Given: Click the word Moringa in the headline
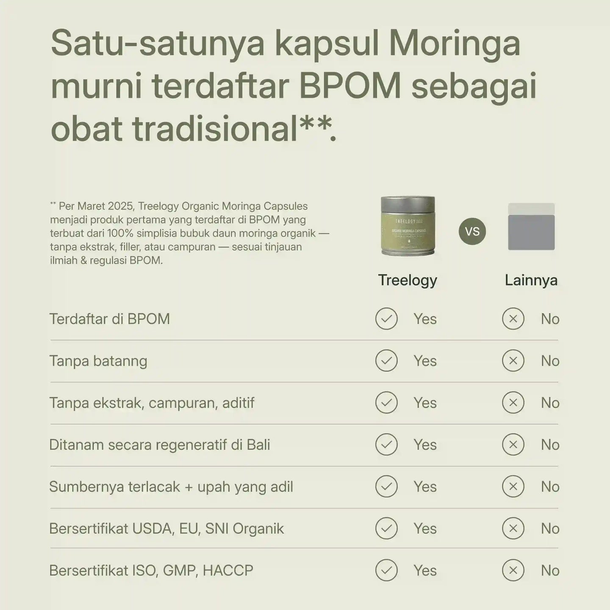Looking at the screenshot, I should (x=454, y=44).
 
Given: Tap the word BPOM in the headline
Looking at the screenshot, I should (x=350, y=86).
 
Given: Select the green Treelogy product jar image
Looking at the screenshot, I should (x=408, y=226).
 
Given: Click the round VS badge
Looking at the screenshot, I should (x=472, y=231).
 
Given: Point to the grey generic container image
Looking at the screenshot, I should (x=531, y=227).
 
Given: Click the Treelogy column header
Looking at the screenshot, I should (x=408, y=280).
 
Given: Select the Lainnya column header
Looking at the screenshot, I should (x=531, y=280).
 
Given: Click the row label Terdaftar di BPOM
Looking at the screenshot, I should (x=110, y=319).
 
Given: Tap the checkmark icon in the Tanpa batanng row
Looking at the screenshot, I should (x=386, y=361).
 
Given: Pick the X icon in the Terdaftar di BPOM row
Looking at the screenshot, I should (x=513, y=319).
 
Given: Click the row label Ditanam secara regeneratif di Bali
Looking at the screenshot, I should (x=160, y=445).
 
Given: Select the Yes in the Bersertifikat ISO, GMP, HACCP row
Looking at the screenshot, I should (x=425, y=571).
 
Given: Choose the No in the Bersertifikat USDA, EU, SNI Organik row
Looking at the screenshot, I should (x=550, y=529).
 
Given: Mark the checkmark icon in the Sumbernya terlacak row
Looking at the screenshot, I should (x=386, y=487).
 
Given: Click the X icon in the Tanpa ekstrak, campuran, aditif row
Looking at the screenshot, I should (x=513, y=403).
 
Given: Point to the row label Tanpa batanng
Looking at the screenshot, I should (x=98, y=361).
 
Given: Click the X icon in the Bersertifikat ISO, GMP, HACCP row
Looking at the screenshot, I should (x=513, y=571).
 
